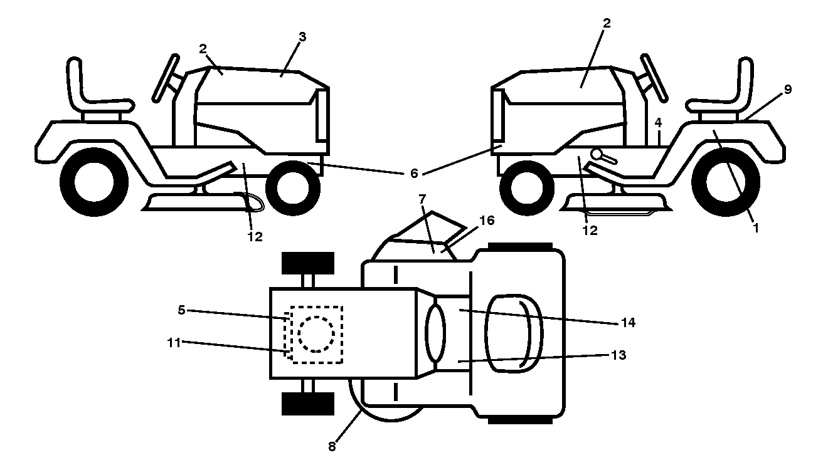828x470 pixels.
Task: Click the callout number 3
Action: coord(302,37)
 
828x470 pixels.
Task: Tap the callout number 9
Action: coord(788,90)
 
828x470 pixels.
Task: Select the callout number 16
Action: coord(487,221)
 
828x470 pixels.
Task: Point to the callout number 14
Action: coord(628,323)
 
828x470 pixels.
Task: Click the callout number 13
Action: coord(618,355)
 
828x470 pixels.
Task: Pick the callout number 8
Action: coord(332,447)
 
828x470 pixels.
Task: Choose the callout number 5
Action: coord(181,310)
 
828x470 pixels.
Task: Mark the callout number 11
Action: coord(174,343)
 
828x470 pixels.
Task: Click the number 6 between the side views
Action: coord(414,173)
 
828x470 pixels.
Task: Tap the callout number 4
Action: coord(658,123)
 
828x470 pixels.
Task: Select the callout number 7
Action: coord(423,199)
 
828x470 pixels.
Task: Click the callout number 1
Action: coord(756,228)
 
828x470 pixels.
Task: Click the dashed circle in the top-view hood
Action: coord(316,335)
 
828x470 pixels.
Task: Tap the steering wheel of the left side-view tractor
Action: coord(165,78)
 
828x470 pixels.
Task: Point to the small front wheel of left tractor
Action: coord(293,188)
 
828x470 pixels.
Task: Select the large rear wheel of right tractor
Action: coord(726,182)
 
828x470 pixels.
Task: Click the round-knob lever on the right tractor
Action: coord(603,156)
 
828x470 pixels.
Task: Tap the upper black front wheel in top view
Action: coord(308,263)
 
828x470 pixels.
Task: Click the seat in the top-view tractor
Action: coord(514,333)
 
